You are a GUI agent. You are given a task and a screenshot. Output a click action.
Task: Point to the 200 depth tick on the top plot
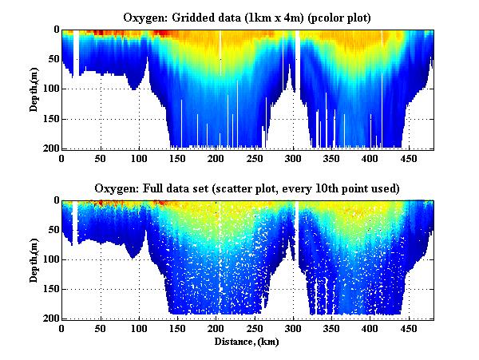point(50,148)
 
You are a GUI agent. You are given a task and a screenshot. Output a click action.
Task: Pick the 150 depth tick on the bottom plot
point(50,290)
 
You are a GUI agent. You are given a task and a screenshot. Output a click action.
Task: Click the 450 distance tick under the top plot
point(410,158)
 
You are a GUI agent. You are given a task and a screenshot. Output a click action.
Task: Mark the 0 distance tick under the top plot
point(62,158)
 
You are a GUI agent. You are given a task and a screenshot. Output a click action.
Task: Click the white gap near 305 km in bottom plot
point(297,220)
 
